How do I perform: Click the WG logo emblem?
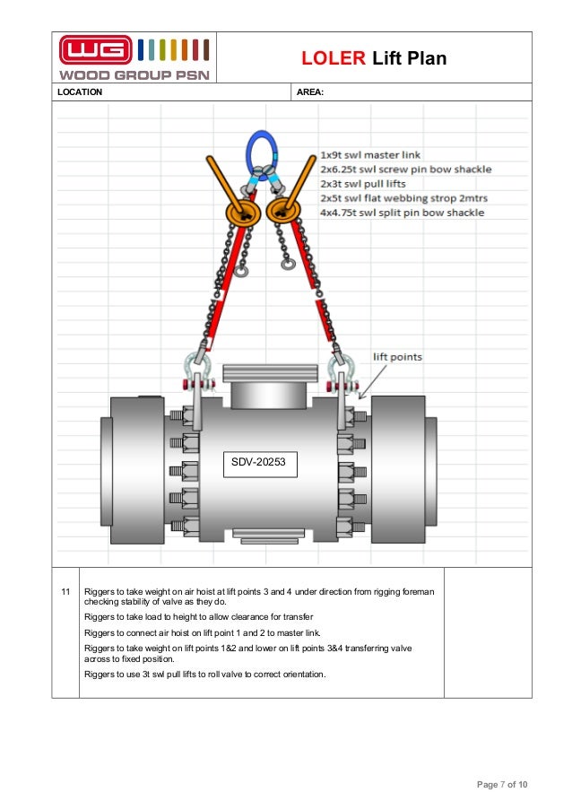click(96, 49)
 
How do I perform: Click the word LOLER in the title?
click(333, 59)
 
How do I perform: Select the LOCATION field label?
click(80, 92)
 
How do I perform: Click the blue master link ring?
click(261, 152)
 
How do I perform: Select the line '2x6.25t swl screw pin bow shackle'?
click(405, 170)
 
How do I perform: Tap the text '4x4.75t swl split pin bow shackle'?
click(403, 213)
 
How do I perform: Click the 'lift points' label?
click(397, 356)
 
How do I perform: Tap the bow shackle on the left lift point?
click(195, 371)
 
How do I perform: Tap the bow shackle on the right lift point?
click(341, 371)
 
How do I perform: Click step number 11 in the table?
click(65, 592)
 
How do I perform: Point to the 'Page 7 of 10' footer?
click(501, 785)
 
